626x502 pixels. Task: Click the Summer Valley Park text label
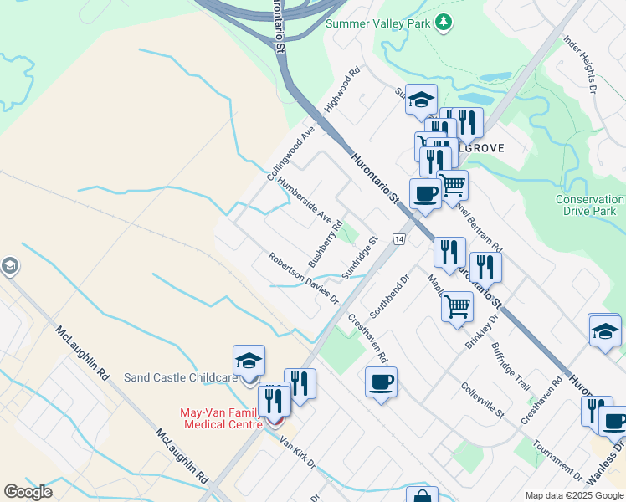tap(377, 23)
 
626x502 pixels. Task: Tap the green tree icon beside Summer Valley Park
tap(444, 23)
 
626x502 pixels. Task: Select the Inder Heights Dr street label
tap(580, 64)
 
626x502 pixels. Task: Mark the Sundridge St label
tap(360, 258)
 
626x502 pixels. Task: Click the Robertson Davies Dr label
tap(303, 279)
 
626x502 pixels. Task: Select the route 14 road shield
tap(399, 239)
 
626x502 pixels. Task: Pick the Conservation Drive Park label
tap(591, 205)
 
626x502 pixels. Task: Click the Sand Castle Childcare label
tap(177, 378)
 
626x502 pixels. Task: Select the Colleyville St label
tap(483, 400)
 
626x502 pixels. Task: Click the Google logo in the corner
tap(28, 492)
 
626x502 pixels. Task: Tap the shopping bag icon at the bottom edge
tap(423, 495)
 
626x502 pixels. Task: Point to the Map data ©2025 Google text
tap(573, 495)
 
